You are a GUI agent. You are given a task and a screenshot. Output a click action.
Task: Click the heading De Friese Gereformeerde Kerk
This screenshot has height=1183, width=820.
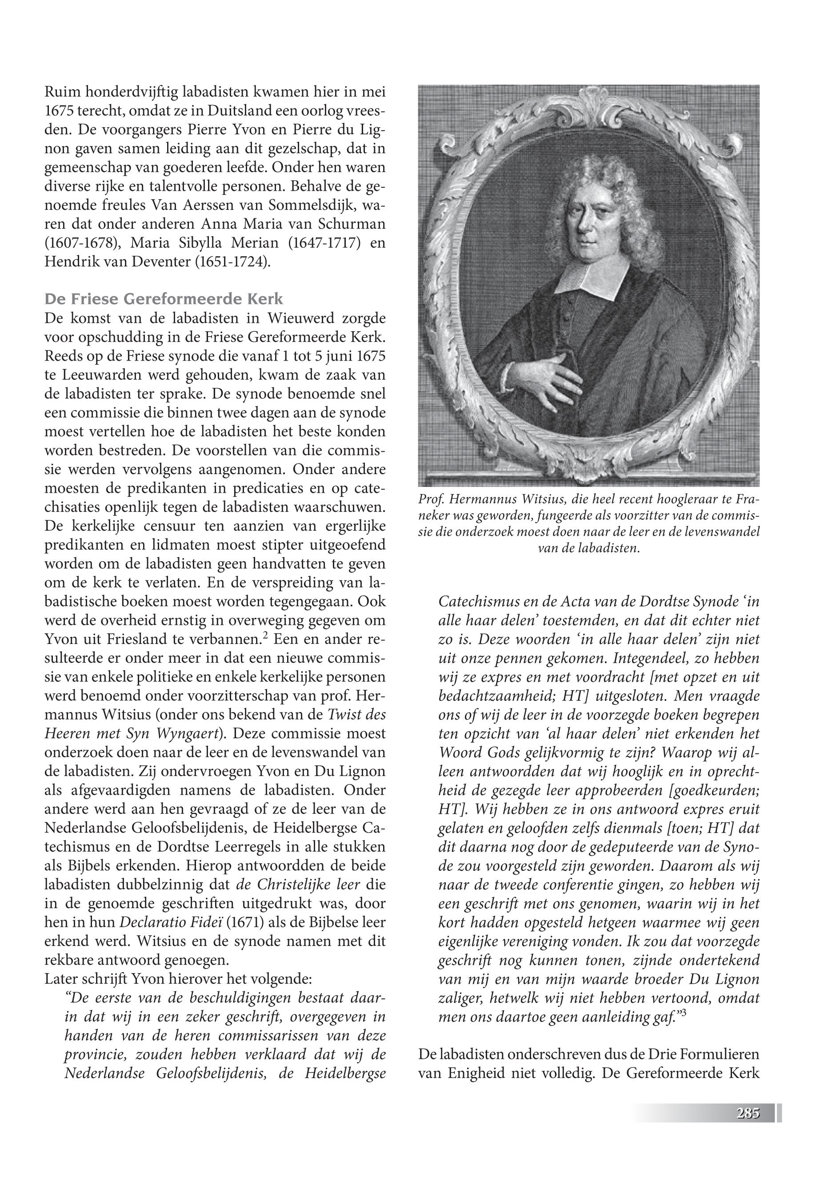[164, 299]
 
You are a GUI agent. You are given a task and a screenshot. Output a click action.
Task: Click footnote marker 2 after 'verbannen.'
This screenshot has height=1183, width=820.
[265, 636]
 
